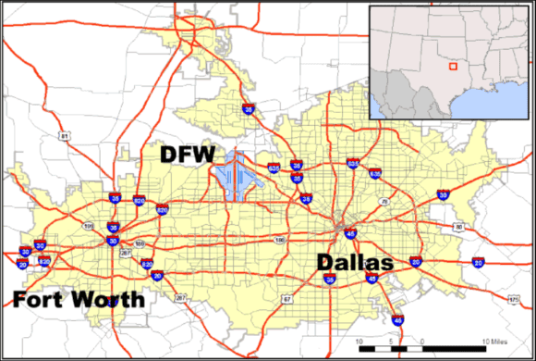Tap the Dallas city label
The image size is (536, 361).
[x=355, y=262]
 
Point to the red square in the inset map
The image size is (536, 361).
[x=451, y=66]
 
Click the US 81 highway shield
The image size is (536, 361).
[x=64, y=137]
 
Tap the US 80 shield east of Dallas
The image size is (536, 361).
[x=457, y=226]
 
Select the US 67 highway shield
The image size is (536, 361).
[x=286, y=298]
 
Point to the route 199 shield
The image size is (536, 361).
[x=89, y=224]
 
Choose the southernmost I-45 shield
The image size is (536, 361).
[x=396, y=320]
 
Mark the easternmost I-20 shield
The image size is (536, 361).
[x=478, y=263]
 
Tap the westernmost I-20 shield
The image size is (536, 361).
[x=22, y=265]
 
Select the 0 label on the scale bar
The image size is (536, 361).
[x=421, y=342]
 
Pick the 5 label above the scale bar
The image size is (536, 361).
[x=396, y=342]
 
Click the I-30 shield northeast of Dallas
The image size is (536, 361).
[x=443, y=195]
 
